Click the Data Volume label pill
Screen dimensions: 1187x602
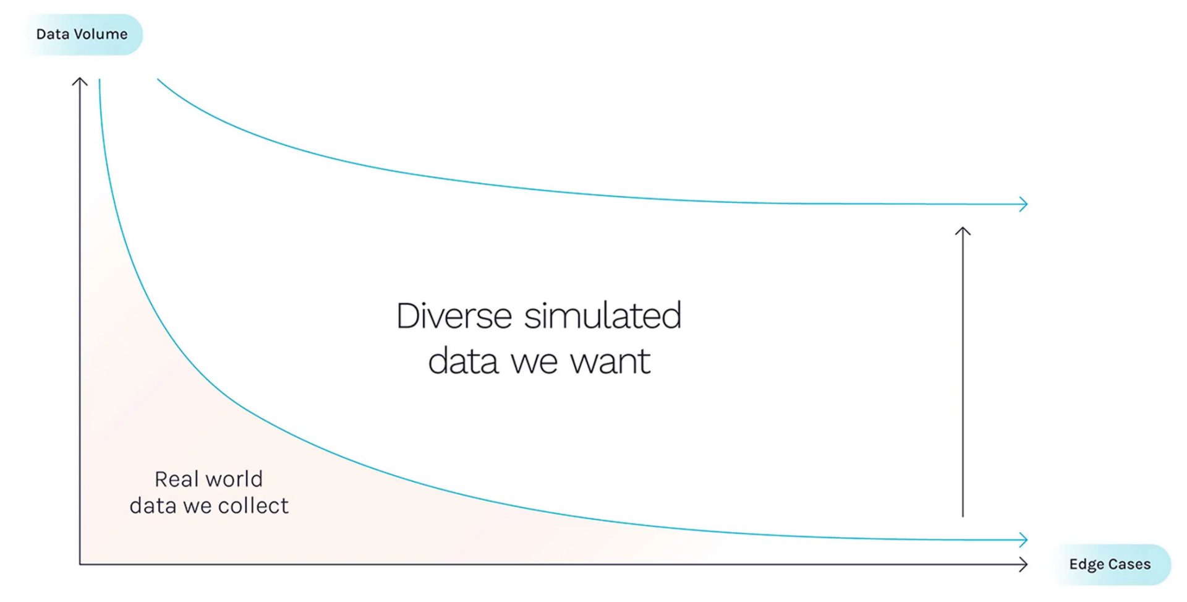click(x=82, y=35)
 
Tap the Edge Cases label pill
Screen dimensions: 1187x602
click(x=1110, y=564)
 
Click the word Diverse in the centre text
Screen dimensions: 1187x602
click(x=454, y=316)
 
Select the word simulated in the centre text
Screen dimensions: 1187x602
click(x=603, y=316)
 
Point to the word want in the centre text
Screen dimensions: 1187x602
click(x=610, y=361)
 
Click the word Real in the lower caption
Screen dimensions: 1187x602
click(x=176, y=479)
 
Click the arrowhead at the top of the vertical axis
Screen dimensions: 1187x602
click(x=80, y=82)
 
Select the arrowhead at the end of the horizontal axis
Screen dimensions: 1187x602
click(x=1023, y=564)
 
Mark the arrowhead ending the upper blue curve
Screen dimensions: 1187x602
click(x=1023, y=204)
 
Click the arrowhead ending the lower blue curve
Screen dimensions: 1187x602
click(x=1023, y=540)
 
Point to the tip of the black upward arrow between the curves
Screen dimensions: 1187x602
click(x=963, y=227)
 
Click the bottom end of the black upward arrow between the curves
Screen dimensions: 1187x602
click(x=963, y=516)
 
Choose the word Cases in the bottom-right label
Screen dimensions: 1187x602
click(x=1129, y=564)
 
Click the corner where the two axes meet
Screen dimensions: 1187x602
click(x=80, y=564)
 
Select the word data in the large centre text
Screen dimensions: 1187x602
click(x=463, y=361)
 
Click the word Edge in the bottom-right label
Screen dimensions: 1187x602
click(x=1086, y=565)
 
